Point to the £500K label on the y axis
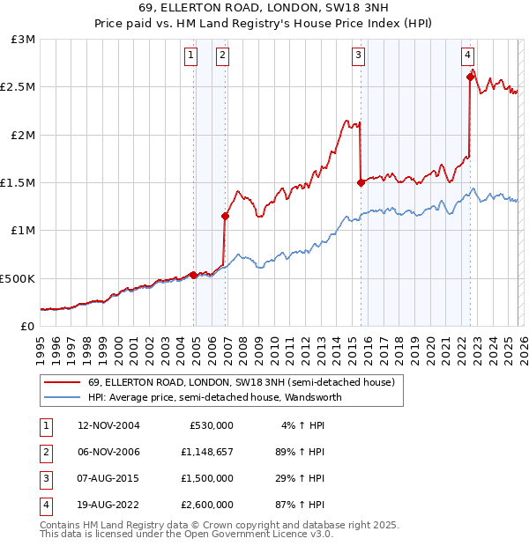[x=18, y=278]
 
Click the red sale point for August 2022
[x=470, y=77]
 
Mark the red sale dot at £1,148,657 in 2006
[x=225, y=216]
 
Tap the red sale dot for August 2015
[x=361, y=182]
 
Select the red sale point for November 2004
[x=194, y=275]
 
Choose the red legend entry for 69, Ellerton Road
[x=220, y=383]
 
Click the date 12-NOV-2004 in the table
[x=108, y=425]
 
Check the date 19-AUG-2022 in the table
[x=108, y=505]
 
